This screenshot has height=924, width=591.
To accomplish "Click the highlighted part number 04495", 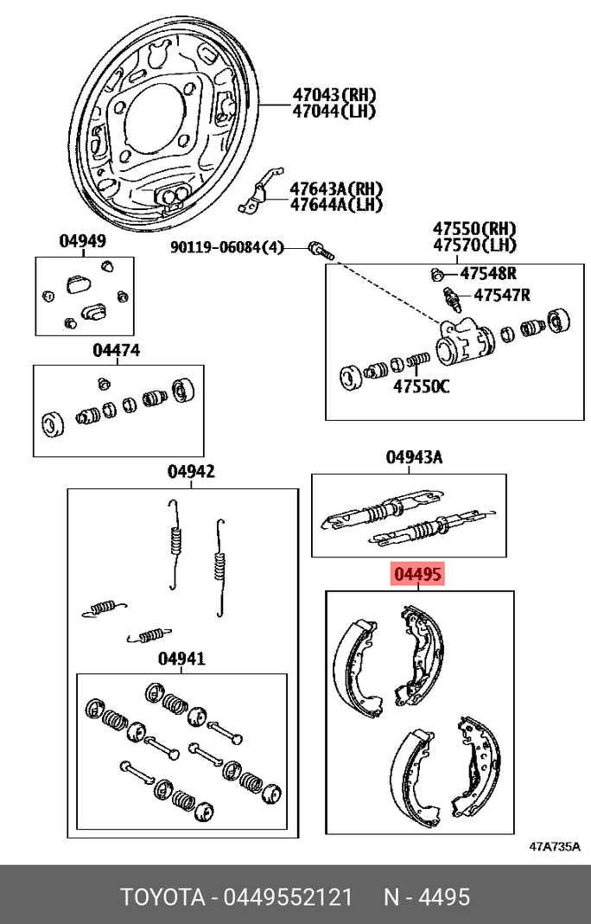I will click(418, 574).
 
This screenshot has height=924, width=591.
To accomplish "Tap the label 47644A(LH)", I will click(335, 205).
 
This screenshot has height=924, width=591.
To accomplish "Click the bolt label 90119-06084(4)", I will click(226, 248).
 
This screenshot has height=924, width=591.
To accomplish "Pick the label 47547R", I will click(500, 296).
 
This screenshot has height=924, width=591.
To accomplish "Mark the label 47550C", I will click(422, 386).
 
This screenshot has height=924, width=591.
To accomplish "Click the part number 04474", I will click(117, 351).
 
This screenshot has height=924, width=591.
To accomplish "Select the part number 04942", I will click(191, 472).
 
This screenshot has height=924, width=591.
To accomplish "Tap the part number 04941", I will click(181, 659).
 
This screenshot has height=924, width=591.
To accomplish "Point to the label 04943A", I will click(414, 457).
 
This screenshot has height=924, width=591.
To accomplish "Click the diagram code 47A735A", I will click(554, 846).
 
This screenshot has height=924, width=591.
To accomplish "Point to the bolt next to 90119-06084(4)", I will click(320, 252).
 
